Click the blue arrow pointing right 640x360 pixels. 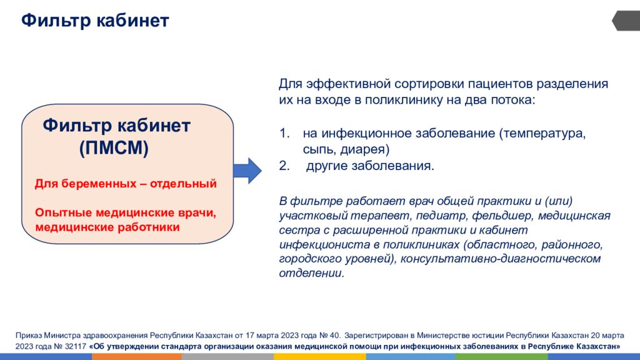(247, 170)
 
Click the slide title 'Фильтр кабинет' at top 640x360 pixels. (95, 21)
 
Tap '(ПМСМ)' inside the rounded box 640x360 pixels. (114, 147)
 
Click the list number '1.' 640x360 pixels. (284, 133)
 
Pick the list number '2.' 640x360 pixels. (284, 166)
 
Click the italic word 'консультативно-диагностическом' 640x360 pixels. (501, 259)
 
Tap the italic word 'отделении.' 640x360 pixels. (312, 273)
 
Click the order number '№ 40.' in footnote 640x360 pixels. (329, 336)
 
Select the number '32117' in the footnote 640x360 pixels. (76, 346)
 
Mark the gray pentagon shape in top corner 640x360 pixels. (626, 21)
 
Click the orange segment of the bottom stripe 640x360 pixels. (137, 357)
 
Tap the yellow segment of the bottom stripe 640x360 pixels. (319, 357)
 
